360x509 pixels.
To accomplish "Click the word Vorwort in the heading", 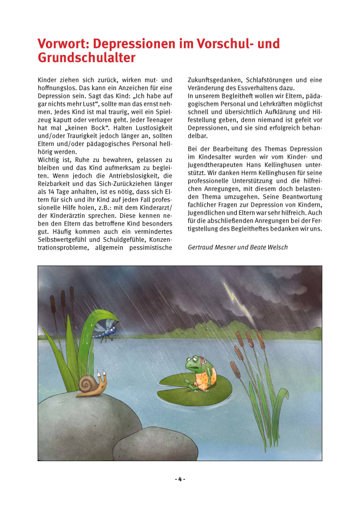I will tap(60, 44).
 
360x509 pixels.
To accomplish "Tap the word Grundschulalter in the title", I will tap(87, 58).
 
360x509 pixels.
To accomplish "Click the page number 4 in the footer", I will tap(180, 479).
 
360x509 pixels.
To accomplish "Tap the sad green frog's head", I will tap(196, 364).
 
